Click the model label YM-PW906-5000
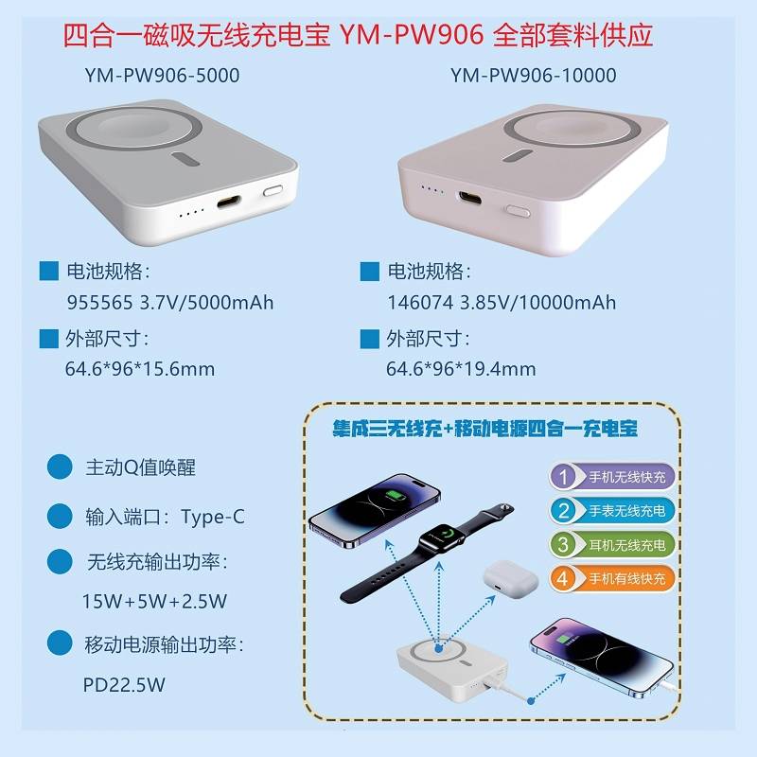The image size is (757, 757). (x=162, y=76)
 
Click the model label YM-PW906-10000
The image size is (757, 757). (x=534, y=76)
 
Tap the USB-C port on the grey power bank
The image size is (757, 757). (x=228, y=202)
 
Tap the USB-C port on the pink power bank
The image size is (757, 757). (x=469, y=198)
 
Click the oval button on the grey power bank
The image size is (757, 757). (x=273, y=191)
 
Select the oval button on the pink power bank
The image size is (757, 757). (x=517, y=211)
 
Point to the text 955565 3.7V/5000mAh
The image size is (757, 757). (x=170, y=303)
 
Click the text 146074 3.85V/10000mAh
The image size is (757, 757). (x=502, y=303)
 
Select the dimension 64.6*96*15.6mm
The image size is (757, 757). (x=139, y=369)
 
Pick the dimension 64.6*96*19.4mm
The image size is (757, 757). (x=461, y=369)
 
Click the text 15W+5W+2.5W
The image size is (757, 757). (x=154, y=601)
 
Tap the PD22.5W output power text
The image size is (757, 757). (x=124, y=684)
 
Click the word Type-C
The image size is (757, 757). (x=213, y=517)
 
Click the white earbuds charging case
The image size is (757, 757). (x=510, y=579)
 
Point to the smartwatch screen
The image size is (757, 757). (x=442, y=537)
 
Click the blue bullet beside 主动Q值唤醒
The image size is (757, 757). (x=60, y=467)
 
